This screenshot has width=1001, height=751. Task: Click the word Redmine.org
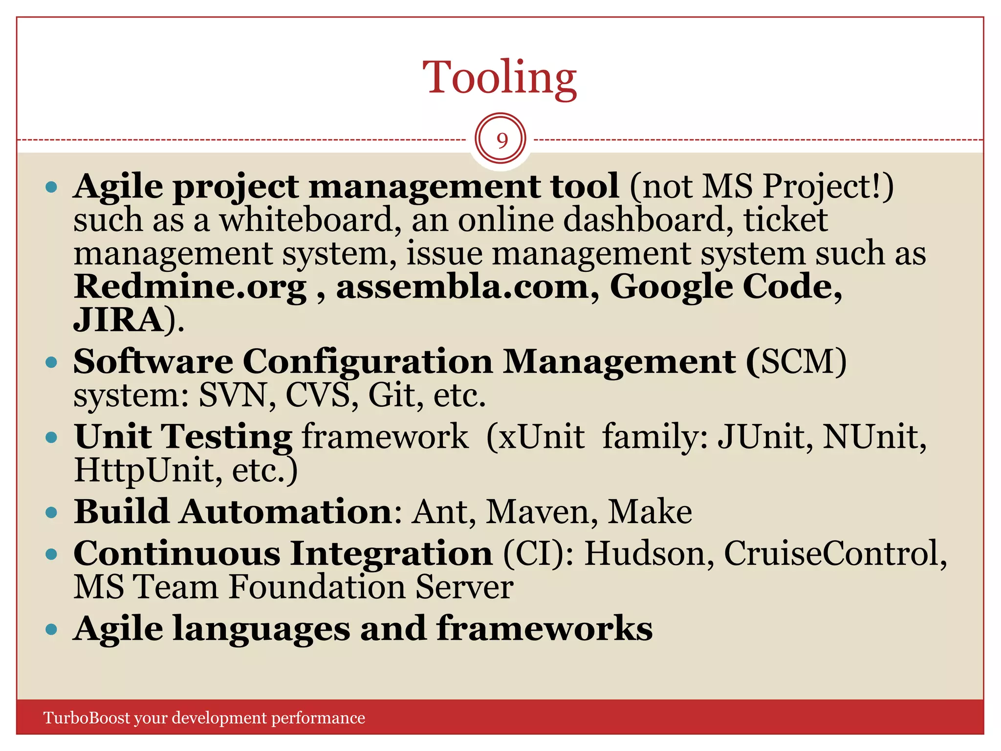tap(190, 287)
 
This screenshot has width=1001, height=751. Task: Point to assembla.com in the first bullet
tap(462, 287)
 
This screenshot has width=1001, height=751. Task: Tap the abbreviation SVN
tap(233, 395)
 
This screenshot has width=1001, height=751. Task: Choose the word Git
tap(392, 395)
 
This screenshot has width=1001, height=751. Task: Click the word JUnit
tap(760, 436)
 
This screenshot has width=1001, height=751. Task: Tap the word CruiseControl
tap(831, 553)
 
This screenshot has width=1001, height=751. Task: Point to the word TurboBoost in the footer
tap(87, 718)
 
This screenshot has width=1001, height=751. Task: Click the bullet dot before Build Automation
tap(51, 512)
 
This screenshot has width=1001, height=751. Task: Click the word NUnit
tap(870, 436)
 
